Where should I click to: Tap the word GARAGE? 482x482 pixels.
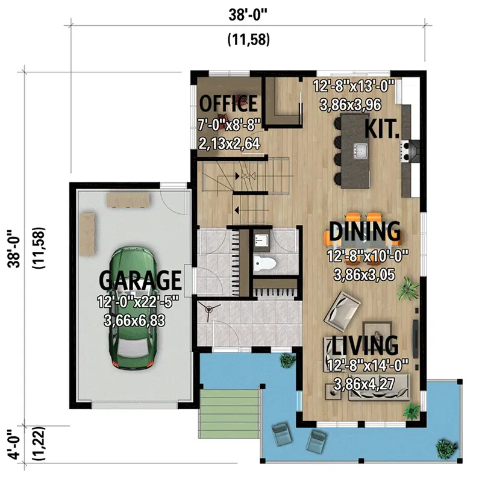click(140, 280)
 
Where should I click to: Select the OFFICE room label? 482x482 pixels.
click(228, 104)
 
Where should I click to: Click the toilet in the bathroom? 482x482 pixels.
click(264, 263)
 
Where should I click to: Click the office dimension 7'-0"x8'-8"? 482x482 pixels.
click(229, 125)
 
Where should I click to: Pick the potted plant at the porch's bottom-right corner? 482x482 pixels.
click(445, 446)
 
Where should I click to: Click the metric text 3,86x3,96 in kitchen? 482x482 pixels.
click(355, 104)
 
